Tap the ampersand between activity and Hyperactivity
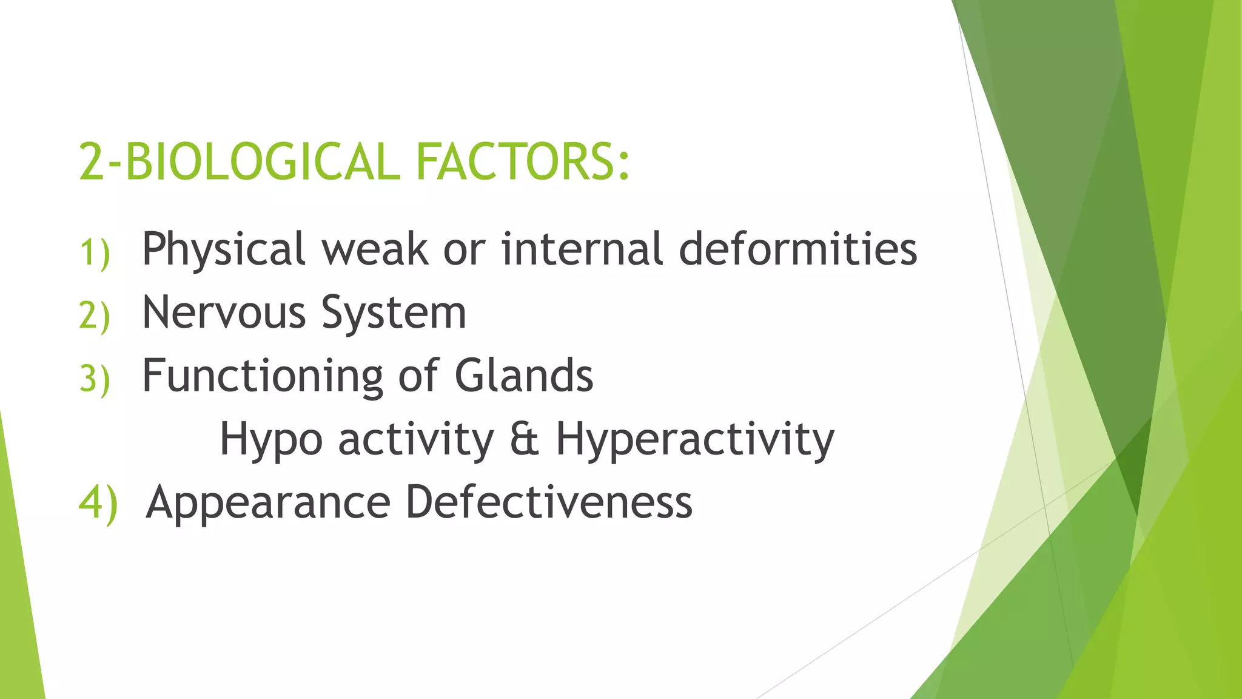(x=524, y=439)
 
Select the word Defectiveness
(x=549, y=502)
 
